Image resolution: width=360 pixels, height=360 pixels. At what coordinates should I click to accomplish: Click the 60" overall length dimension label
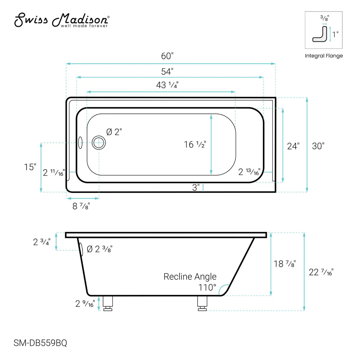pyautogui.click(x=167, y=56)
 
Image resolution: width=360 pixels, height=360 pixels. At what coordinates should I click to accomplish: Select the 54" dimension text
pyautogui.click(x=167, y=71)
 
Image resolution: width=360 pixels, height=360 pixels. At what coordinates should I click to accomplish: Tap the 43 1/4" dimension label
pyautogui.click(x=167, y=85)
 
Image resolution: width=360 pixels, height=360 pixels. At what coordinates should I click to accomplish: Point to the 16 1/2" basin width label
pyautogui.click(x=195, y=144)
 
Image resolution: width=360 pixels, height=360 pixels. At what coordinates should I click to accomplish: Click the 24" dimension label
pyautogui.click(x=293, y=146)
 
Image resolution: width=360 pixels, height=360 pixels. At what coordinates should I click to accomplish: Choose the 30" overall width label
pyautogui.click(x=318, y=146)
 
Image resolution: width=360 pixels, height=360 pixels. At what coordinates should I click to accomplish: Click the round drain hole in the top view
pyautogui.click(x=98, y=143)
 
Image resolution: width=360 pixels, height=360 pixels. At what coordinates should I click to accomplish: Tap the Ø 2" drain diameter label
pyautogui.click(x=114, y=132)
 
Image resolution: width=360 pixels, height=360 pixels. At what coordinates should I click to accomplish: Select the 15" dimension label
pyautogui.click(x=31, y=167)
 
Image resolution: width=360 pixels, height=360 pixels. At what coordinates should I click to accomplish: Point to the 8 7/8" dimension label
pyautogui.click(x=81, y=206)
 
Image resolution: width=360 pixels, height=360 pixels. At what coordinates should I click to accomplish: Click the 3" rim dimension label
pyautogui.click(x=196, y=188)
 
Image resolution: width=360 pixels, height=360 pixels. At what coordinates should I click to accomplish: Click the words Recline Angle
pyautogui.click(x=190, y=276)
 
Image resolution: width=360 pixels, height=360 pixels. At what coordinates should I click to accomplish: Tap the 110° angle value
pyautogui.click(x=207, y=288)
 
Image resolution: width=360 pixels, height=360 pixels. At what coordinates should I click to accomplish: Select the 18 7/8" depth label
pyautogui.click(x=284, y=264)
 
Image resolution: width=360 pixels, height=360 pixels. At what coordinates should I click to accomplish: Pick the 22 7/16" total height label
pyautogui.click(x=321, y=273)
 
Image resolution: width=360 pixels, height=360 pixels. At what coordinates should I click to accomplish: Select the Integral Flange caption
pyautogui.click(x=324, y=56)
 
